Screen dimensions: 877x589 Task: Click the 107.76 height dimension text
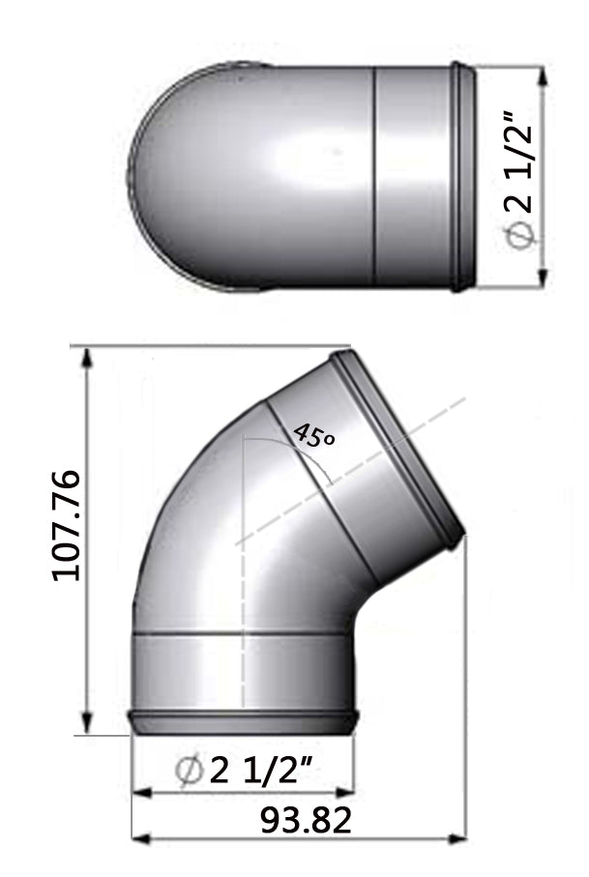pos(68,526)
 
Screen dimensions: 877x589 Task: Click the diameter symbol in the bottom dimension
pos(190,772)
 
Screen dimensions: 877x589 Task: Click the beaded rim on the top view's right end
pos(462,177)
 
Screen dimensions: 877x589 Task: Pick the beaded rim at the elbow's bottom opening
pos(244,717)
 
